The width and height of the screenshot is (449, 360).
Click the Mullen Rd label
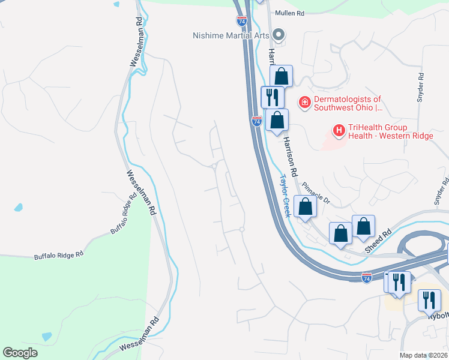289,13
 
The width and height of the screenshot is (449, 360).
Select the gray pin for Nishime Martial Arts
278,34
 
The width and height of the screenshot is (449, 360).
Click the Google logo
20,352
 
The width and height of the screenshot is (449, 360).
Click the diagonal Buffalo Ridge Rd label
124,214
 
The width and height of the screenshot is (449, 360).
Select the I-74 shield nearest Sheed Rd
367,278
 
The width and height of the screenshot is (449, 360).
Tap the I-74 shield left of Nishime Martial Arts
242,20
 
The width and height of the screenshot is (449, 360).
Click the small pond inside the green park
46,336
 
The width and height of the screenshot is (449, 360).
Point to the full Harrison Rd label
291,155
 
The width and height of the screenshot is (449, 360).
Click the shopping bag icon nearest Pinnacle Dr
306,206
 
